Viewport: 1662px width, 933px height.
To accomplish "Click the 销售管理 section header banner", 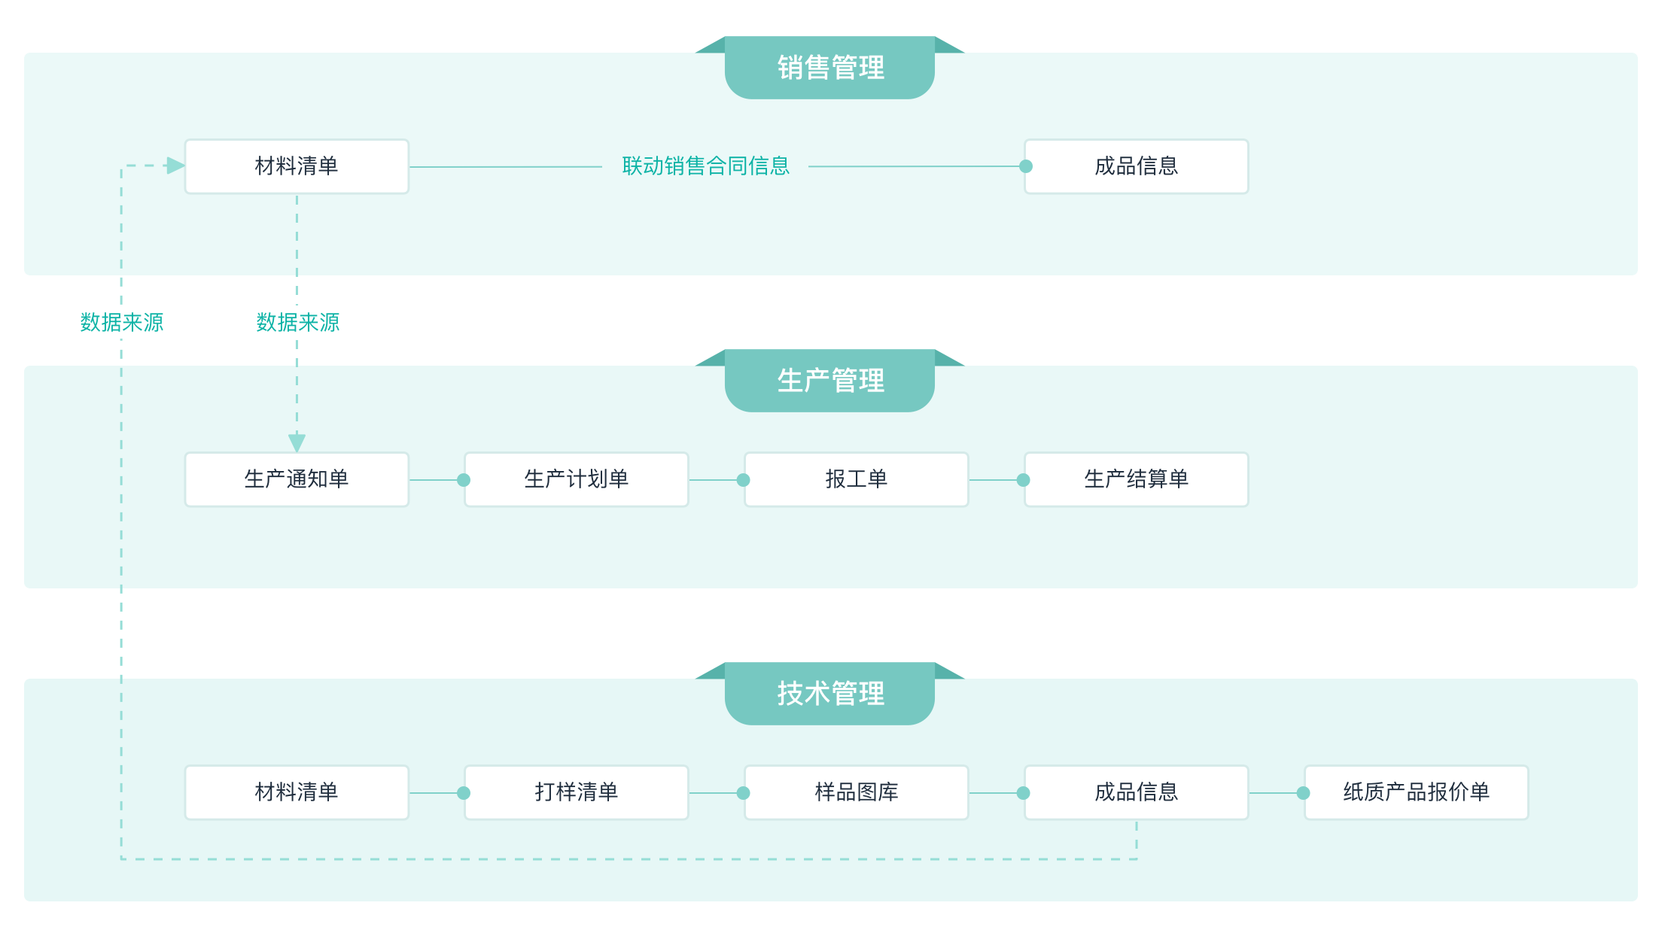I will pyautogui.click(x=829, y=68).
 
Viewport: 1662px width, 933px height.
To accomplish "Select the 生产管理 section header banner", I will pyautogui.click(x=829, y=381).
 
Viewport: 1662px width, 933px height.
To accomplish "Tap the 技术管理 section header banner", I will pyautogui.click(x=829, y=694).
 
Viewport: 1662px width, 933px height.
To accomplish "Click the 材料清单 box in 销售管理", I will pyautogui.click(x=297, y=166).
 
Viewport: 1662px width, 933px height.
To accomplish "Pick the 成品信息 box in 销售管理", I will pyautogui.click(x=1136, y=166).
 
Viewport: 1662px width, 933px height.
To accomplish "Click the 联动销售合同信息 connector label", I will pyautogui.click(x=705, y=166).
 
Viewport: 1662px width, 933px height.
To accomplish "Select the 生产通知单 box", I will pyautogui.click(x=297, y=479).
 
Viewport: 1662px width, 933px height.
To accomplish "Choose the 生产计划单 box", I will pyautogui.click(x=576, y=479).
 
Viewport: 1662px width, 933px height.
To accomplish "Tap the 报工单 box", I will pyautogui.click(x=856, y=479).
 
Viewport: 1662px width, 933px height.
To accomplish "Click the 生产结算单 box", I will pyautogui.click(x=1136, y=479).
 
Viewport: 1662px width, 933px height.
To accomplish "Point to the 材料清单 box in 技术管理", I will pyautogui.click(x=297, y=792).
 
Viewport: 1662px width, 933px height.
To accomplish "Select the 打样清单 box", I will pyautogui.click(x=576, y=792).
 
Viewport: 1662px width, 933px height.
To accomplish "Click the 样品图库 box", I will pyautogui.click(x=856, y=792).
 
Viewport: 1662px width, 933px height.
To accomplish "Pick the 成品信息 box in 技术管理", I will pyautogui.click(x=1136, y=792).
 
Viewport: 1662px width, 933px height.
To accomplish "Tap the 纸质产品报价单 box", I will pyautogui.click(x=1416, y=792).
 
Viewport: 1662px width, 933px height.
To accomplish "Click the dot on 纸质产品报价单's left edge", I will pyautogui.click(x=1303, y=793).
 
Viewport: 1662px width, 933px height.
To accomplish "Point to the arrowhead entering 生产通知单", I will pyautogui.click(x=297, y=442).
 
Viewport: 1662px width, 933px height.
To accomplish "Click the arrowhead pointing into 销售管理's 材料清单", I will pyautogui.click(x=175, y=166).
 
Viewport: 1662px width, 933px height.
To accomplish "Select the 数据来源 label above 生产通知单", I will pyautogui.click(x=297, y=323).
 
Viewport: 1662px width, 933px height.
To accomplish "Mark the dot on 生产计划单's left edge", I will pyautogui.click(x=464, y=480).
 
